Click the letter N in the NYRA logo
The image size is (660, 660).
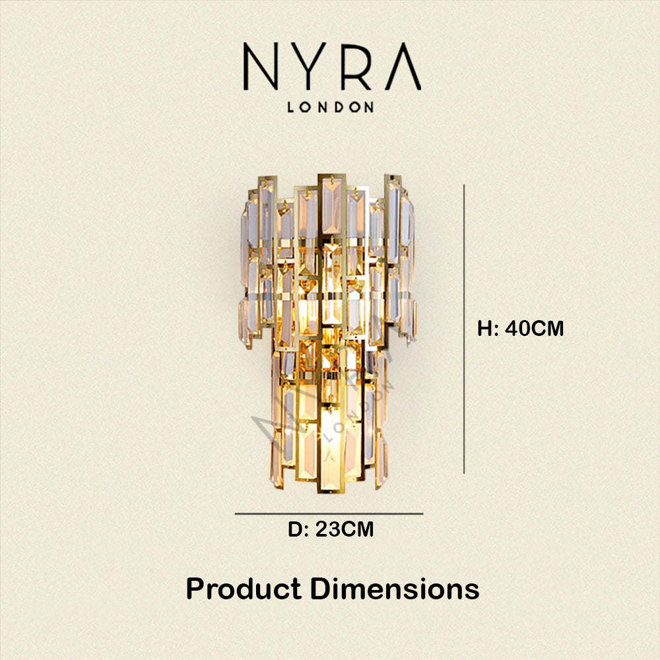(x=261, y=66)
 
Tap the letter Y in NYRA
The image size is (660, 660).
(x=310, y=66)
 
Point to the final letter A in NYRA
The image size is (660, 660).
(x=403, y=66)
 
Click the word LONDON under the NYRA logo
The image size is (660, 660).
(x=331, y=107)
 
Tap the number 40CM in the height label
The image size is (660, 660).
(x=534, y=328)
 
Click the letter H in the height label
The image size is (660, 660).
(x=484, y=328)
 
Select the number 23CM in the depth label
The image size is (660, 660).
(x=345, y=529)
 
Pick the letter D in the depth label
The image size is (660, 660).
(x=295, y=529)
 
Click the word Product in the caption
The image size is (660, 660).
(x=244, y=589)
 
